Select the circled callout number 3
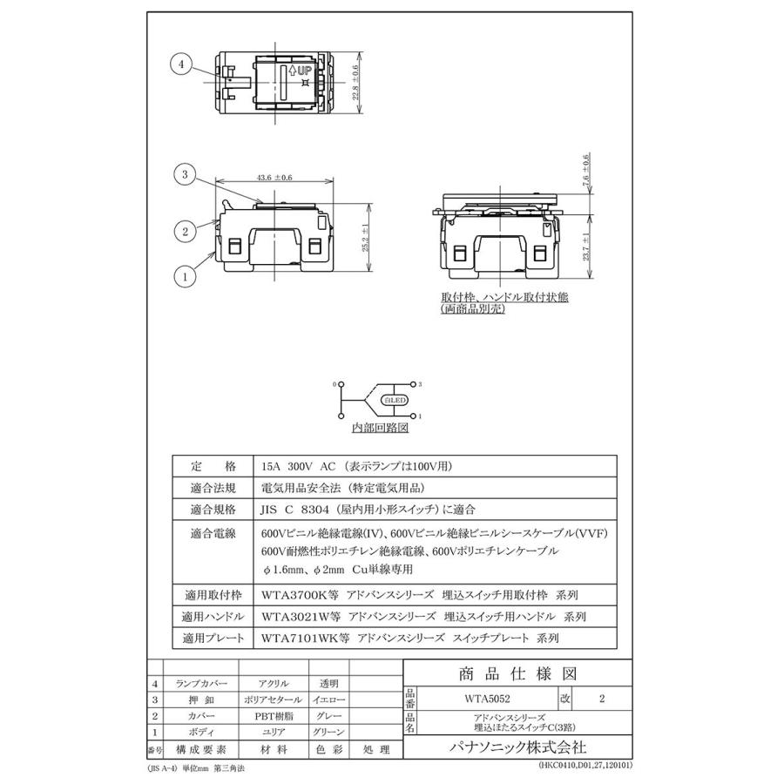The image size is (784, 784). point(184,175)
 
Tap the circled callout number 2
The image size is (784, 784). point(184,231)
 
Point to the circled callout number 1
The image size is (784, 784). point(184,278)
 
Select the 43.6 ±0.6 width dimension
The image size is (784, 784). point(274,178)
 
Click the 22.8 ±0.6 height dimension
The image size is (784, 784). point(355,83)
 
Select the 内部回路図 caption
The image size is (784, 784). point(380,429)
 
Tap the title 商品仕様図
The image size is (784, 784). point(517,673)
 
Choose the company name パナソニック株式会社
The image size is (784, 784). point(517,747)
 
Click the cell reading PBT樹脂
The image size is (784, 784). point(274,715)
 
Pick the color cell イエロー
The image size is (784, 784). point(328,700)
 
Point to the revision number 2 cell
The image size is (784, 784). point(602,699)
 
